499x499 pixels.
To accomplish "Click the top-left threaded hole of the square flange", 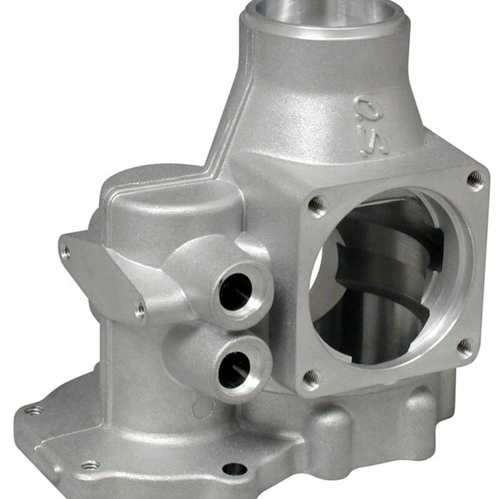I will click(x=316, y=203).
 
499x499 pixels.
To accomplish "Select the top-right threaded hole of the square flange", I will click(x=475, y=180).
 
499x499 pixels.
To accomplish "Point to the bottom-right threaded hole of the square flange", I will click(x=465, y=347).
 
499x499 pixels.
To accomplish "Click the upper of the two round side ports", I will click(x=236, y=291).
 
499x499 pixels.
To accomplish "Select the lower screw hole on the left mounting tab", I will click(x=140, y=308).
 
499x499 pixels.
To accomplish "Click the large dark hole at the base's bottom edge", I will click(x=235, y=469).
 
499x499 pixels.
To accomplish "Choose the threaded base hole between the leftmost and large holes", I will click(x=89, y=465).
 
